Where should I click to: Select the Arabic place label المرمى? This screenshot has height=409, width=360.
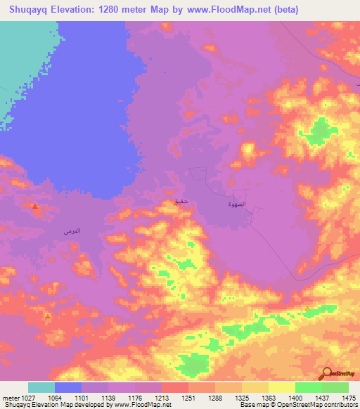coord(72,231)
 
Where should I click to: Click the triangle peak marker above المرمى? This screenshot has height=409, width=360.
coord(34,206)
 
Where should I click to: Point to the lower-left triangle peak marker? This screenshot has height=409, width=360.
coord(47,316)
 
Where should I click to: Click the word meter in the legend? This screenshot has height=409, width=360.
coord(8,397)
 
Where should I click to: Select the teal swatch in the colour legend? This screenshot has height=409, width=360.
coord(41,387)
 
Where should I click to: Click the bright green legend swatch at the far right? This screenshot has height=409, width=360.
coord(335,387)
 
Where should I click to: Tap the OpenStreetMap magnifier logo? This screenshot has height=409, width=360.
coord(326,374)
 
